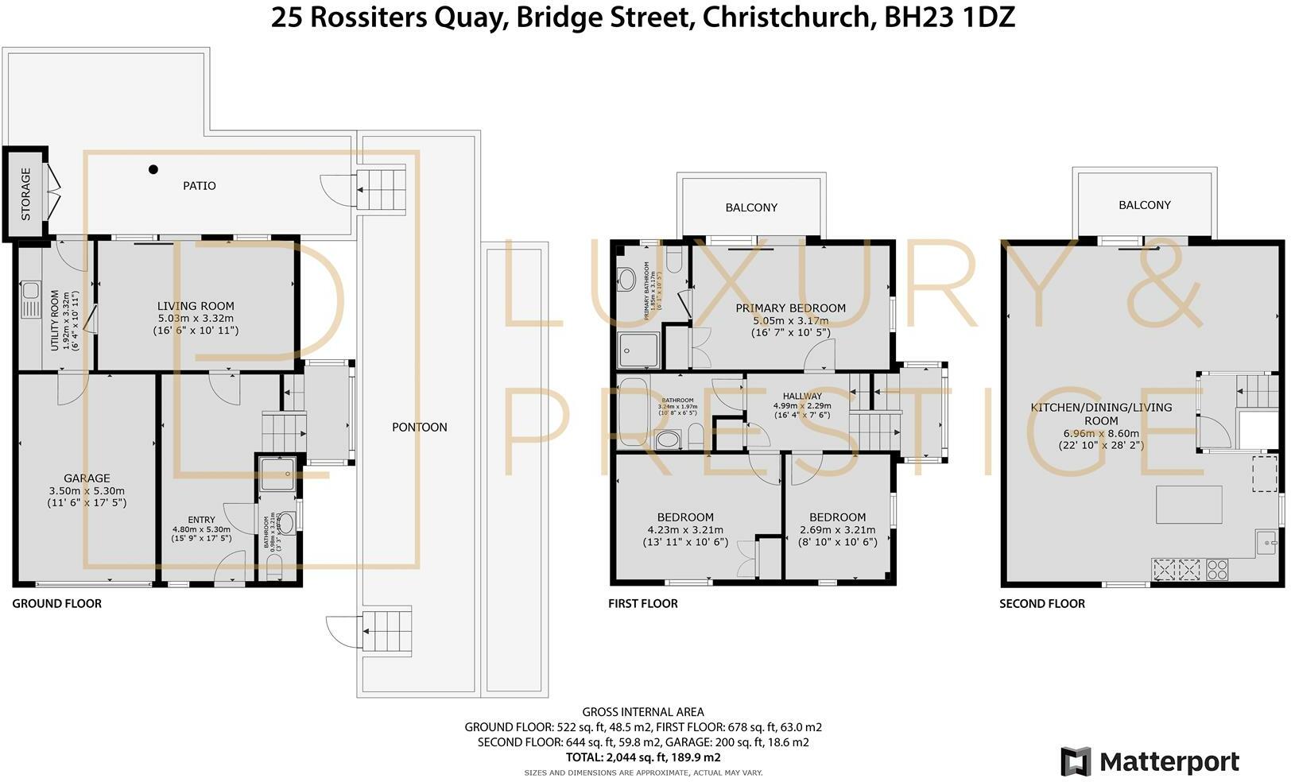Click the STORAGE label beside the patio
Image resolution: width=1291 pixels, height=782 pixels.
[25, 193]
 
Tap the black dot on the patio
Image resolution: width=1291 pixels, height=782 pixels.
[153, 169]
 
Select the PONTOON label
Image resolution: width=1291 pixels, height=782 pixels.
[420, 428]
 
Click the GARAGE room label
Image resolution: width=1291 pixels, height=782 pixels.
[87, 478]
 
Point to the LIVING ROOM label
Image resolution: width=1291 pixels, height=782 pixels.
[196, 306]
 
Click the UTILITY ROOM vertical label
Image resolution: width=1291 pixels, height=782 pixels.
[55, 320]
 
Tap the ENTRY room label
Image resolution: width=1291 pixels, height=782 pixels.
[201, 520]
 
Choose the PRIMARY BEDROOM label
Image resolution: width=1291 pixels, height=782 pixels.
[790, 308]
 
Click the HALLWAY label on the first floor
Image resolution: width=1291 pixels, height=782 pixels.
[802, 396]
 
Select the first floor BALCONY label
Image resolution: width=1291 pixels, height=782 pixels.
[751, 207]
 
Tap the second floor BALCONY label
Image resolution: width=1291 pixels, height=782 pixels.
[1144, 205]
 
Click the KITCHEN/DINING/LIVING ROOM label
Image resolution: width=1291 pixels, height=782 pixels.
[1101, 413]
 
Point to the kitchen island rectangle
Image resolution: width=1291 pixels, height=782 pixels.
[1188, 505]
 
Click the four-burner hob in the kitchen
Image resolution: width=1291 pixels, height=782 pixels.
[1217, 569]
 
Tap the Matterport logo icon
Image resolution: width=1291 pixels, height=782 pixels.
[1076, 761]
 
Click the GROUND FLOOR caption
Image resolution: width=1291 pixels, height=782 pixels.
[57, 604]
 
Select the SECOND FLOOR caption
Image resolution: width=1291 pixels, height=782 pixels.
[1041, 604]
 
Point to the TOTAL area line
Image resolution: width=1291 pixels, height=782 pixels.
[643, 757]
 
